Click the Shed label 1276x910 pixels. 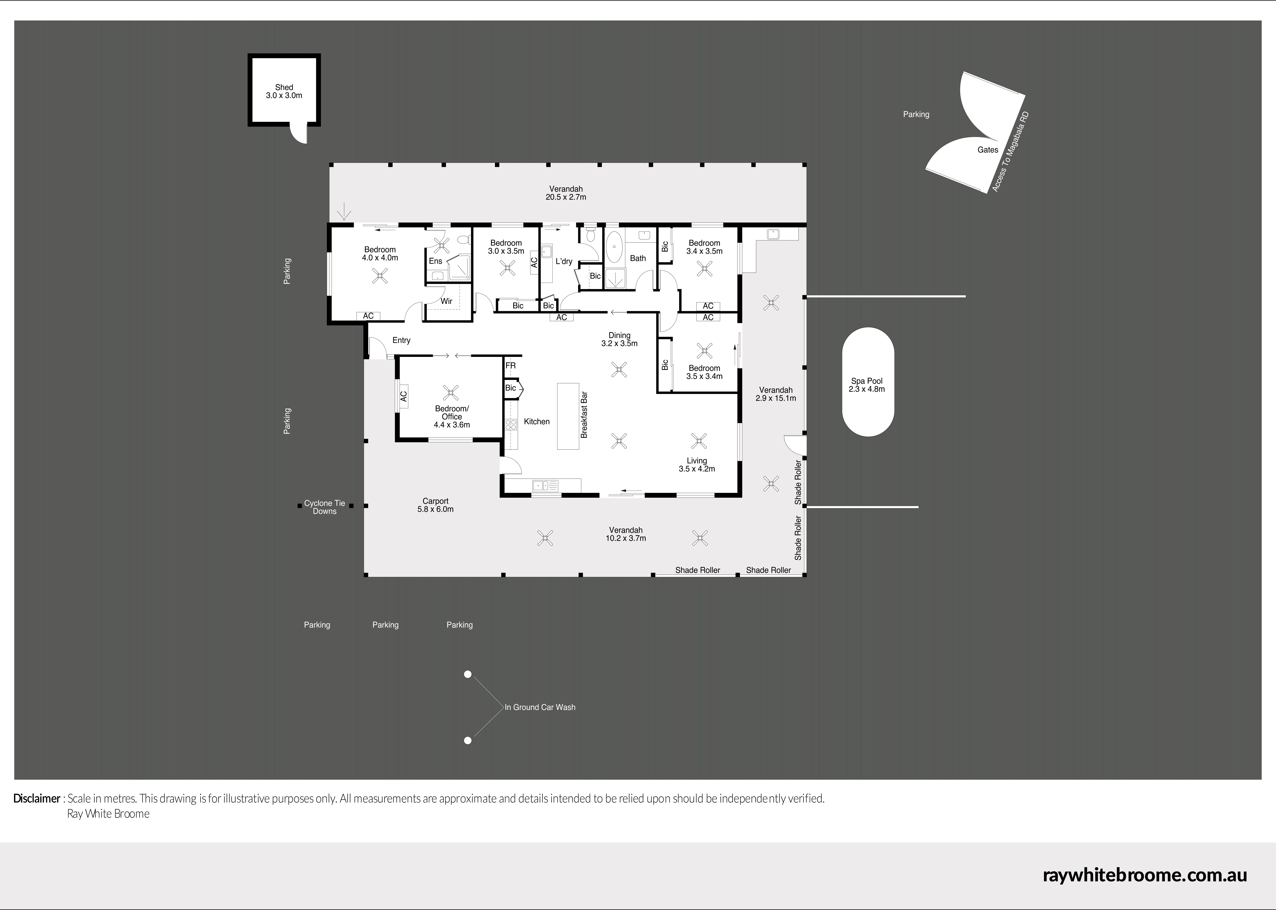(x=284, y=87)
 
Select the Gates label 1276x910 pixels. (x=988, y=150)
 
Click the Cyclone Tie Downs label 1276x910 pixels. (x=324, y=507)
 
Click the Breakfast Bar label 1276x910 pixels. (x=584, y=415)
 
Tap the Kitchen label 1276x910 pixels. (x=537, y=421)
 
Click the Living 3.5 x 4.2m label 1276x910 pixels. (x=697, y=465)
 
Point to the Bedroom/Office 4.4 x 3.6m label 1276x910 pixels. (x=452, y=416)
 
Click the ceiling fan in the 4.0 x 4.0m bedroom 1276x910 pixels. (x=381, y=276)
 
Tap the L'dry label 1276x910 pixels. (x=564, y=261)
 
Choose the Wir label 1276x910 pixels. (x=446, y=301)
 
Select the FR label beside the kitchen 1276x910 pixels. (x=510, y=365)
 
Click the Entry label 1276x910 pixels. (x=401, y=340)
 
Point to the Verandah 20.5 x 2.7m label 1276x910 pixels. (x=566, y=193)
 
